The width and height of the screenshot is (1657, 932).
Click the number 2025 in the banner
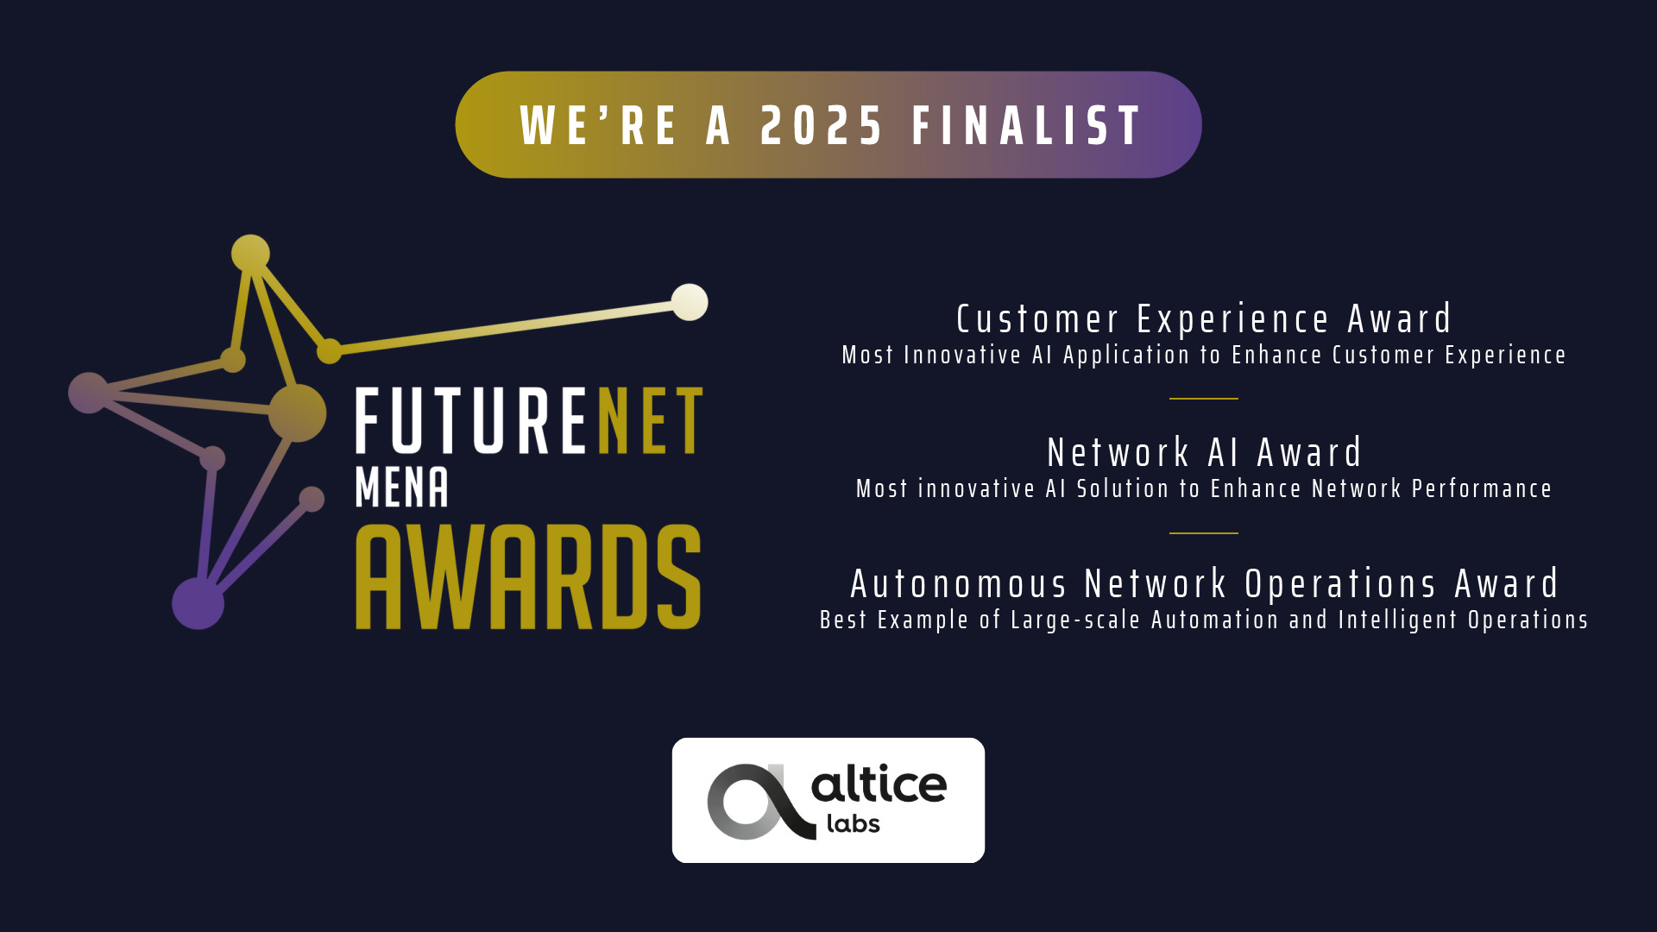(x=822, y=126)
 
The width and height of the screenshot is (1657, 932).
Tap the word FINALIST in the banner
(x=1027, y=126)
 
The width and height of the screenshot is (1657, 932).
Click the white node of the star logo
(x=690, y=302)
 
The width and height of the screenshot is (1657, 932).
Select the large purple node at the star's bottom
(x=198, y=603)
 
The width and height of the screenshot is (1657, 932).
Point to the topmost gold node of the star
(x=251, y=254)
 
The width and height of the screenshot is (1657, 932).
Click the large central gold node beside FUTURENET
(x=298, y=413)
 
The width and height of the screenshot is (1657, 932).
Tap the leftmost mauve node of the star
(x=89, y=393)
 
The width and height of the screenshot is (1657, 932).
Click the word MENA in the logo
(x=402, y=488)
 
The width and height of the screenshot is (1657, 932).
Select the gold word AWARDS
(x=528, y=576)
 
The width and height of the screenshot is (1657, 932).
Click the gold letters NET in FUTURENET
(x=650, y=420)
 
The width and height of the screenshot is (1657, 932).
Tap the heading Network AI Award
(x=1204, y=453)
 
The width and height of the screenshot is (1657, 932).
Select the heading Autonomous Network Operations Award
(x=1204, y=584)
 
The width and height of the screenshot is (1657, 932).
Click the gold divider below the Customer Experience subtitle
(x=1204, y=399)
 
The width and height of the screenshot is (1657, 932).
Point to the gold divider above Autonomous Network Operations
(x=1204, y=533)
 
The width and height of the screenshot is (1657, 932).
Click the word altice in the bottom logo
(x=879, y=784)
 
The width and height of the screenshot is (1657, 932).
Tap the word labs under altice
(x=854, y=823)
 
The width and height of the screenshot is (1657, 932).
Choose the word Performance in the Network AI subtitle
(x=1482, y=489)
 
